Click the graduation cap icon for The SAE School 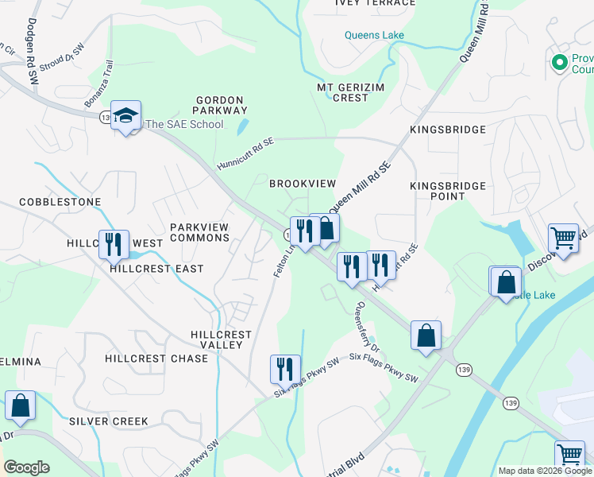point(125,116)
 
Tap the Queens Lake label point(374,35)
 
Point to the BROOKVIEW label point(303,184)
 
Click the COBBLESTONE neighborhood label point(60,202)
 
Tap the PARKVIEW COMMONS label point(199,232)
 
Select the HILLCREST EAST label point(156,269)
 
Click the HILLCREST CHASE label point(156,359)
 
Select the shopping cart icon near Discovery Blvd point(563,237)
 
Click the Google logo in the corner point(26,467)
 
